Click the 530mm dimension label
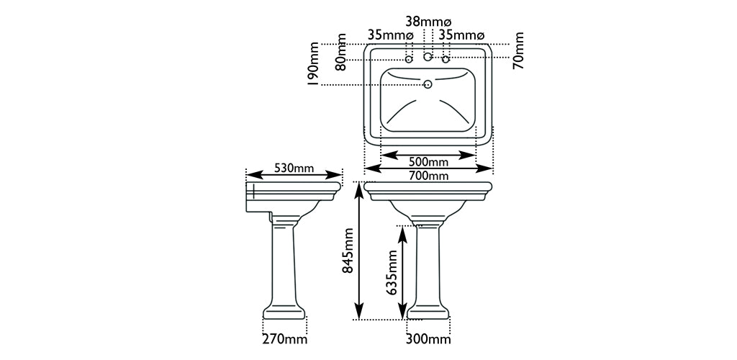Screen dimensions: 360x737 pos(294,168)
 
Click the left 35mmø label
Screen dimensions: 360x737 pos(390,35)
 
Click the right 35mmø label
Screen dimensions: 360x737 pos(462,35)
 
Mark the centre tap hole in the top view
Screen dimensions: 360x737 pos(428,56)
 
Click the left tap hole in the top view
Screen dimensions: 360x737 pos(409,59)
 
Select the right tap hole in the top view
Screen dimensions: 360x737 pos(446,59)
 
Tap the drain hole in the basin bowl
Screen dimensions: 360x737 pos(428,84)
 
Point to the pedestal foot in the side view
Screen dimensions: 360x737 pos(284,312)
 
